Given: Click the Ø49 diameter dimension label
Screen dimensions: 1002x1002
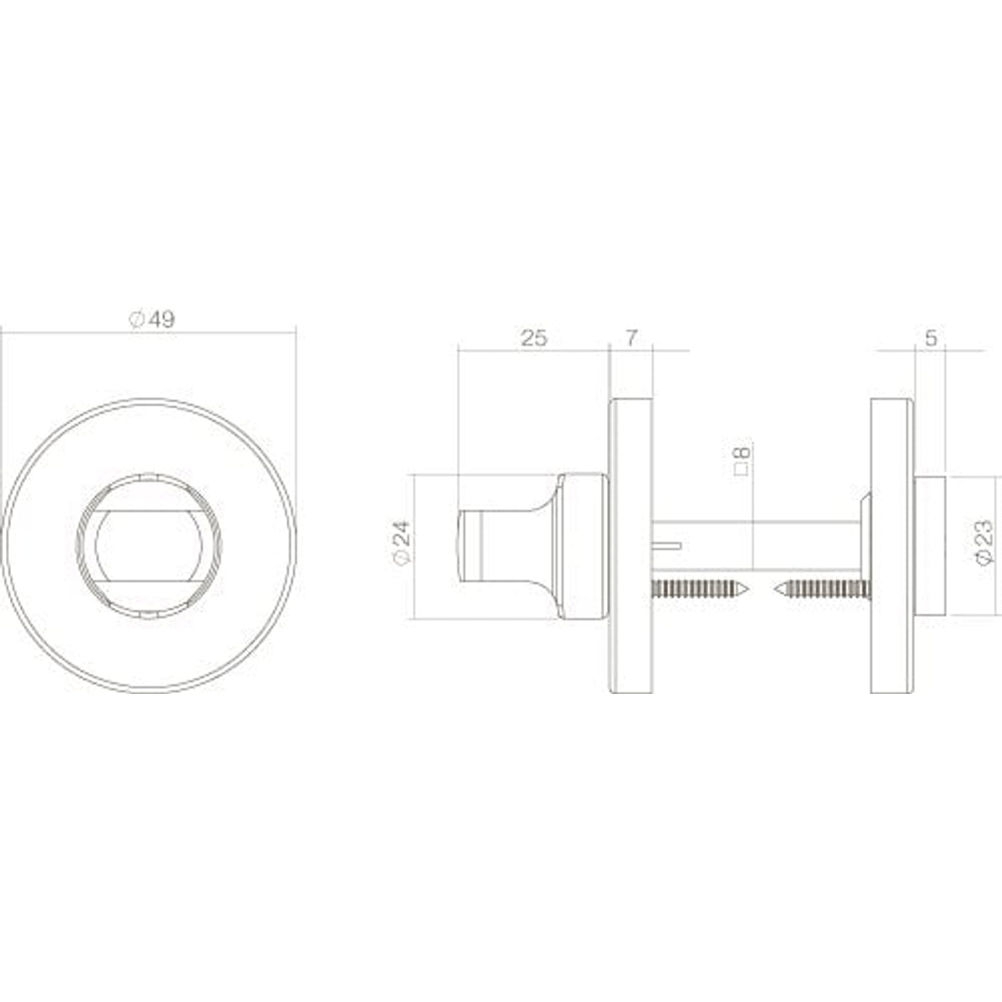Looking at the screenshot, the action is coord(152,319).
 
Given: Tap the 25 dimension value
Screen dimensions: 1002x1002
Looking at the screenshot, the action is coord(534,338).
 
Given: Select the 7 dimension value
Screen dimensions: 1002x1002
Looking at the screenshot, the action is coord(630,338).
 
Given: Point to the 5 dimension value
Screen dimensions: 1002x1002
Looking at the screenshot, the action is coord(931,338).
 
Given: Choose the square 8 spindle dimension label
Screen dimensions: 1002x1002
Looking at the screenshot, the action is coord(742,460).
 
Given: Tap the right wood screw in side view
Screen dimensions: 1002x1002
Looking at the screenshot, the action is coord(822,590).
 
